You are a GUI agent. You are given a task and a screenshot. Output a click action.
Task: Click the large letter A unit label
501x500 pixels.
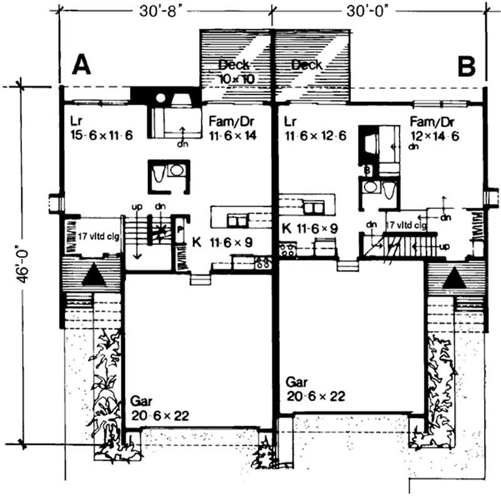point(80,64)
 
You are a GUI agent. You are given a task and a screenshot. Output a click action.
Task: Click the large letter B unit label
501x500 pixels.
point(467,66)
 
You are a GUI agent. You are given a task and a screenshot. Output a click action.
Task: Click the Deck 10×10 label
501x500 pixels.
point(236,71)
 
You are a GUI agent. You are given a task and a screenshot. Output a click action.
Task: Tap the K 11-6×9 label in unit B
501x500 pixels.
point(310,228)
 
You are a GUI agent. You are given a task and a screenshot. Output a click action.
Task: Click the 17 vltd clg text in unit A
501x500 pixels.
point(98,237)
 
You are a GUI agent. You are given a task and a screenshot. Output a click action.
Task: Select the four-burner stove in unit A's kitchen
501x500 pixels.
point(262,264)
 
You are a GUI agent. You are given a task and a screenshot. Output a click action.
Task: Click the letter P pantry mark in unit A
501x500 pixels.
point(180,230)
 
